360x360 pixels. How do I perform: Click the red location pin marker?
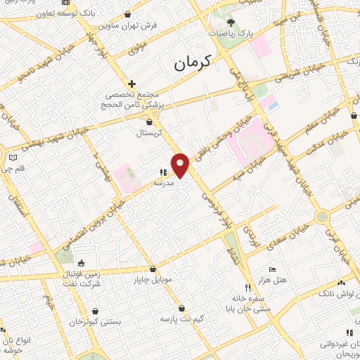(x=181, y=165)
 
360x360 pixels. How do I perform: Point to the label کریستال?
(x=149, y=132)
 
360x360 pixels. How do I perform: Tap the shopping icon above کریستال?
(x=149, y=122)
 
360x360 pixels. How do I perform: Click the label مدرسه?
(x=164, y=182)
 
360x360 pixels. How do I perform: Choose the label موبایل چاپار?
(x=153, y=280)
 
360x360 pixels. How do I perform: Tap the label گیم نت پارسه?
(x=182, y=319)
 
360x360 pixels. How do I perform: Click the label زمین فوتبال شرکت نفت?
(x=81, y=278)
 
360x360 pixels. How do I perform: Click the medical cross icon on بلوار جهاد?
(x=131, y=83)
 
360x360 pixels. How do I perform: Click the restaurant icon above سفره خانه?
(x=247, y=288)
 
